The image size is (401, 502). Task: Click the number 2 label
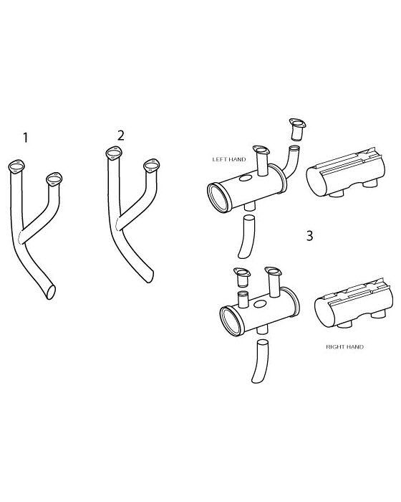120,135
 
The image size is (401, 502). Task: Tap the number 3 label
309,236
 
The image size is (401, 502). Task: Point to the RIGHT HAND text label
344,346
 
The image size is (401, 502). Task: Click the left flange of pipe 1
17,166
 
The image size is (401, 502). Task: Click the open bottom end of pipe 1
48,290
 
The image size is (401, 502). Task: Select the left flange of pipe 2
112,151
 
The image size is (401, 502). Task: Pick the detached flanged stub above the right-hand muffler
240,280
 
